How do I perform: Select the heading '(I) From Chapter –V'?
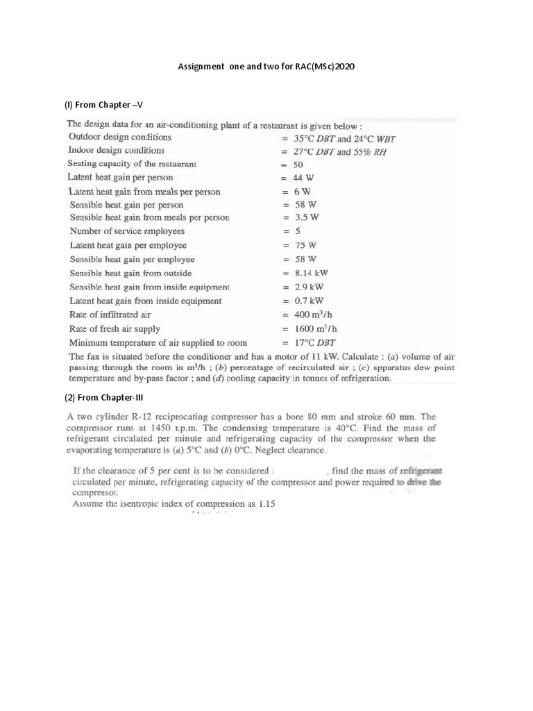[x=103, y=105]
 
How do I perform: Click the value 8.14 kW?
[x=311, y=273]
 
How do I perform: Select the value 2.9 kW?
[x=309, y=287]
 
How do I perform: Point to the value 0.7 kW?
[x=309, y=301]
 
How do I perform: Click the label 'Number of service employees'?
[x=127, y=231]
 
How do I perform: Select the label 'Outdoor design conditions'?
[x=119, y=137]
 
